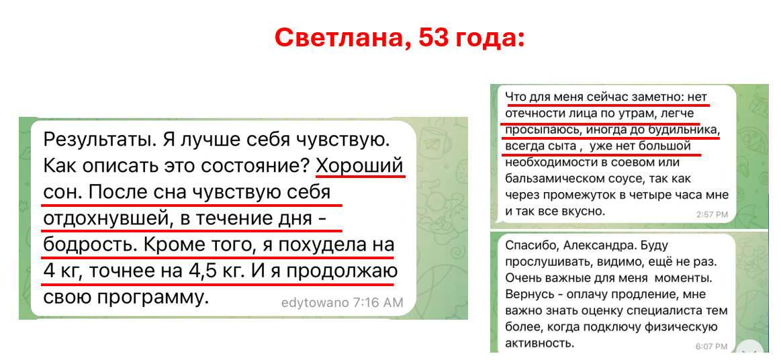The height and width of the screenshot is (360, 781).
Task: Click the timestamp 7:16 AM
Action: (x=378, y=302)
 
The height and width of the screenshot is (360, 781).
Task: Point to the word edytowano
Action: (x=315, y=302)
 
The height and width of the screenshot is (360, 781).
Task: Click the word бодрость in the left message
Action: (x=89, y=245)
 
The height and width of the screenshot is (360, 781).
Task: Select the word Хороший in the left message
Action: (x=360, y=167)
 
